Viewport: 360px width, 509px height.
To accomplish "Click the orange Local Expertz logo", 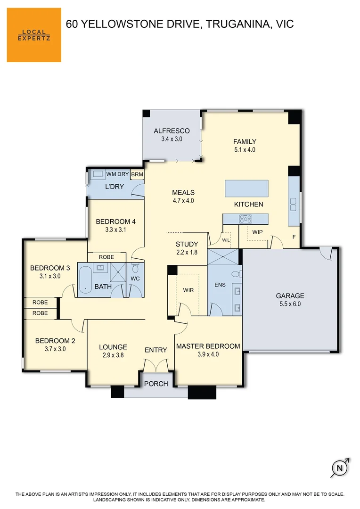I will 34,35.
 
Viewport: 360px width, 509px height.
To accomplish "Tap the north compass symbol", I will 339,468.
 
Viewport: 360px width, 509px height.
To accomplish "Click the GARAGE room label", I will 290,296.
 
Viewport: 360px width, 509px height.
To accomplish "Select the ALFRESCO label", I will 172,131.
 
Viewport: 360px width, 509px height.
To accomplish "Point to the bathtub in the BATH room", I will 85,279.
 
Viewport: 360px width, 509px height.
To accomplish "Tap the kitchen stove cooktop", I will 246,219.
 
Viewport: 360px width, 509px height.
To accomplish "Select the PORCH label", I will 156,384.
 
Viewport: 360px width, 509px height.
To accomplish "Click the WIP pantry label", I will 257,232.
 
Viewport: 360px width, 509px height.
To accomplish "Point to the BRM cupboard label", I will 137,174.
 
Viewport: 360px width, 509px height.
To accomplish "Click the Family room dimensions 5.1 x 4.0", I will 245,150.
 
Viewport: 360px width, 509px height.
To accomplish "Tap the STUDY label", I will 187,244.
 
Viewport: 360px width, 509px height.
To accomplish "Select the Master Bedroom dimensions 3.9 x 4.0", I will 208,354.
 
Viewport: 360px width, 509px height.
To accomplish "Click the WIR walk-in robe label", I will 188,290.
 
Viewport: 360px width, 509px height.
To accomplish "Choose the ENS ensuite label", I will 220,285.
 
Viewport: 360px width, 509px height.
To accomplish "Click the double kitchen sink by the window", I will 293,204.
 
